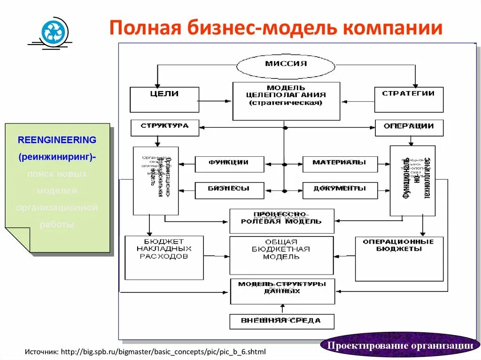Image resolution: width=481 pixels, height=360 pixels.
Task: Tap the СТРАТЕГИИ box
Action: click(409, 99)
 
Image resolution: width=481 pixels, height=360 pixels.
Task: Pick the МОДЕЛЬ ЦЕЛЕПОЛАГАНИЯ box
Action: click(286, 101)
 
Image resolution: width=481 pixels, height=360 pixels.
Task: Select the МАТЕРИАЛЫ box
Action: click(340, 164)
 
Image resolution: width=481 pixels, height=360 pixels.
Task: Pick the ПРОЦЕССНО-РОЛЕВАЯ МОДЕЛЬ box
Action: click(282, 221)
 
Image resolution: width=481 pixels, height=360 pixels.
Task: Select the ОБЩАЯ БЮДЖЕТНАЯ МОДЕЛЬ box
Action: click(281, 255)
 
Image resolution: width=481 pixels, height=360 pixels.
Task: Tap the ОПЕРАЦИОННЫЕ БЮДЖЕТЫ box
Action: click(399, 258)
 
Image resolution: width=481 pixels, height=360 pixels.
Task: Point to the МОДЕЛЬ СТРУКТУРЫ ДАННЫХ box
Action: click(282, 291)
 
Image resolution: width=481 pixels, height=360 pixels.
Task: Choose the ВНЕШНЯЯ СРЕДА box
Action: click(282, 322)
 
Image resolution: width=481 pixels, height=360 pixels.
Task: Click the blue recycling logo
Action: click(55, 32)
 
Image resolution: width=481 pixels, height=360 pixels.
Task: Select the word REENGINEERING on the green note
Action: click(57, 140)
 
